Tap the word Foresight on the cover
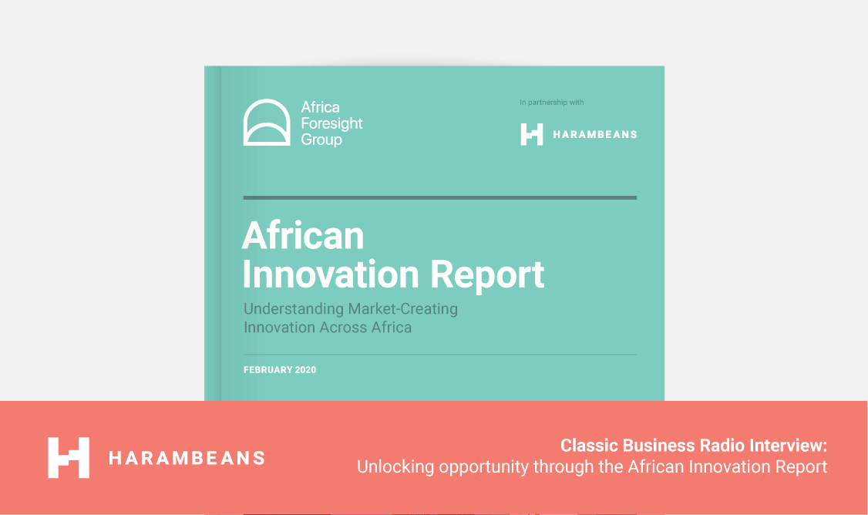tap(331, 123)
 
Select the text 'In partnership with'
tap(551, 103)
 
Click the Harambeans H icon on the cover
tap(531, 135)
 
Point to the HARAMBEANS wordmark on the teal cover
tap(595, 135)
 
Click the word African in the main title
tap(304, 235)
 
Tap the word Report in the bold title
tap(487, 275)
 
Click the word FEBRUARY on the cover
tap(268, 370)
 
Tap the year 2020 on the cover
tap(305, 370)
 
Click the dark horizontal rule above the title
tap(440, 197)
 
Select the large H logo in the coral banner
tap(69, 457)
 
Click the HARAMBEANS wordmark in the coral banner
tap(187, 458)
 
